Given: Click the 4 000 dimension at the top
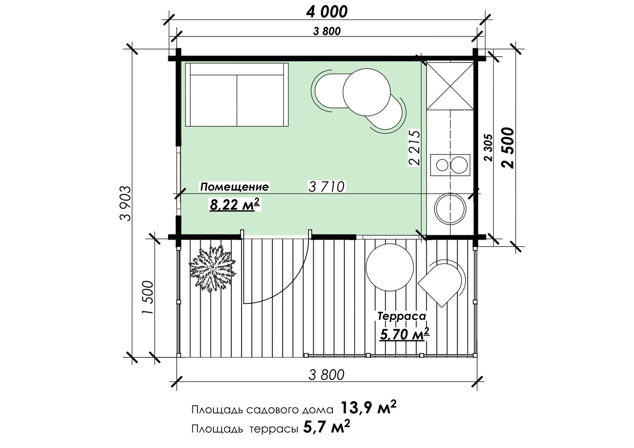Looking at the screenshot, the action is coord(327,12).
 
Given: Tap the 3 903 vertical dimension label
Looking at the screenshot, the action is coord(126,203).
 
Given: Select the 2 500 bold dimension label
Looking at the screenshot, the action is coord(508,148).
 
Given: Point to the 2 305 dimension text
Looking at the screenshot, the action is coord(488,148).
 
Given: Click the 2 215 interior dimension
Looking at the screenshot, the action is coord(414,148).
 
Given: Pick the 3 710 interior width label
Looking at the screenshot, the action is coord(326,187).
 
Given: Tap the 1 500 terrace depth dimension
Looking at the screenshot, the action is coord(148,297).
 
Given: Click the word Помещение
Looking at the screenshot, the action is coord(234,187).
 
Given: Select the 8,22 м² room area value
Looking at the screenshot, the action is coord(235,204).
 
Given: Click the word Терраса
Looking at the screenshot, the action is coord(402,316).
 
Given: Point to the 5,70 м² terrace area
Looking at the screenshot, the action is coord(405,334).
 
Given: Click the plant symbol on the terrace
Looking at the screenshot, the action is coord(212,269).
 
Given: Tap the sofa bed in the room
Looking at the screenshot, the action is coord(237,95).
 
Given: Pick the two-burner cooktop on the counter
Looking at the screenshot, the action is coord(450,165).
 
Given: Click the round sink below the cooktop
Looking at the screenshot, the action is coord(450,209).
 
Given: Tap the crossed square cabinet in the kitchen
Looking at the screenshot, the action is coord(450,86).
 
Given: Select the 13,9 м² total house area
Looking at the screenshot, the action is coord(368,408).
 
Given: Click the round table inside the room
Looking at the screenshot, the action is coord(366,92).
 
